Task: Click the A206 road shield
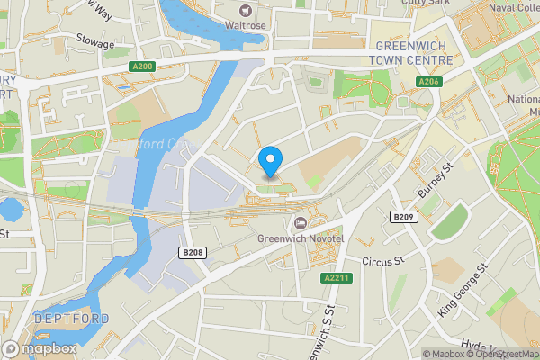(428, 82)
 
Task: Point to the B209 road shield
(402, 217)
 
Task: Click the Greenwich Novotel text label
(301, 238)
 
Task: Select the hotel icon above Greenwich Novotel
(301, 222)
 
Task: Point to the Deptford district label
(72, 319)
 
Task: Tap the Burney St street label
(438, 181)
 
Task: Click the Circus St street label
(379, 261)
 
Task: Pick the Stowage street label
(94, 43)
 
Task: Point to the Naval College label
(513, 8)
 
